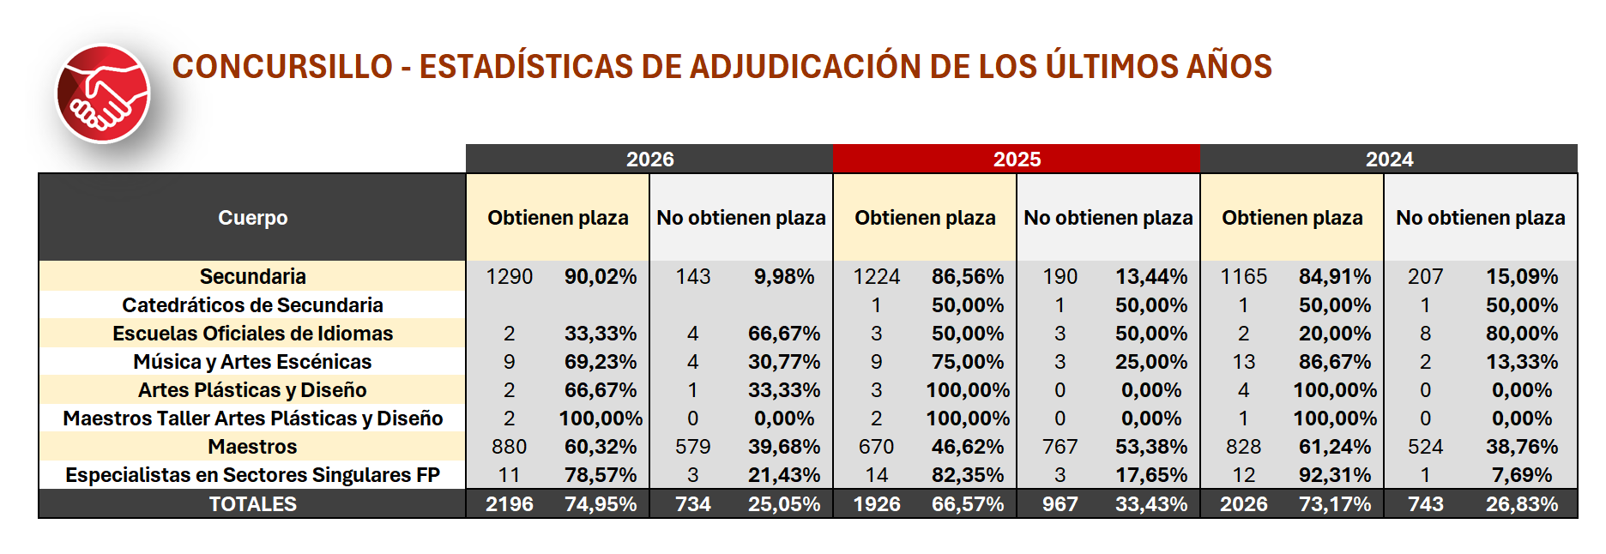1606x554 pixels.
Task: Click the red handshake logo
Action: pyautogui.click(x=103, y=94)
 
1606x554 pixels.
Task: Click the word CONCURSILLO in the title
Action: pyautogui.click(x=282, y=66)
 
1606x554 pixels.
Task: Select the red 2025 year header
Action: pyautogui.click(x=1017, y=159)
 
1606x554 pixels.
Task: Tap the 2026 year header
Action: pyautogui.click(x=649, y=159)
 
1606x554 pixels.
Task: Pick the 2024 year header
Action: pyautogui.click(x=1389, y=159)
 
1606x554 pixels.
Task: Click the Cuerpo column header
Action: pyautogui.click(x=252, y=218)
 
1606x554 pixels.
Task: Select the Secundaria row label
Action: pyautogui.click(x=252, y=276)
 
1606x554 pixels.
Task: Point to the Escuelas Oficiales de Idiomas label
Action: pyautogui.click(x=252, y=333)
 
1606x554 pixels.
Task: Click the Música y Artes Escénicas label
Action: pyautogui.click(x=252, y=361)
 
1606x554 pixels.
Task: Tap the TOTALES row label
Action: pyautogui.click(x=252, y=503)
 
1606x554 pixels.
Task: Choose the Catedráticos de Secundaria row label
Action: pyautogui.click(x=252, y=304)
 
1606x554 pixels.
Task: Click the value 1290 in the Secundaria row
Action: pyautogui.click(x=509, y=276)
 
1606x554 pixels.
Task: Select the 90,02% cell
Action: pyautogui.click(x=601, y=276)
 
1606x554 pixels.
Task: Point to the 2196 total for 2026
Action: pyautogui.click(x=509, y=503)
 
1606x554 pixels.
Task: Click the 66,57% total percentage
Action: pyautogui.click(x=968, y=503)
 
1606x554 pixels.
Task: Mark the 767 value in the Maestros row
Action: pyautogui.click(x=1060, y=446)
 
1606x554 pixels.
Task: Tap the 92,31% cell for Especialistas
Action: pyautogui.click(x=1335, y=474)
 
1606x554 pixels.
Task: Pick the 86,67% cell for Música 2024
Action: pyautogui.click(x=1335, y=361)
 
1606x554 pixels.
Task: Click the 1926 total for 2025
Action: pyautogui.click(x=876, y=503)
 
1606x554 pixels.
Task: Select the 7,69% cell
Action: pyautogui.click(x=1522, y=474)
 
